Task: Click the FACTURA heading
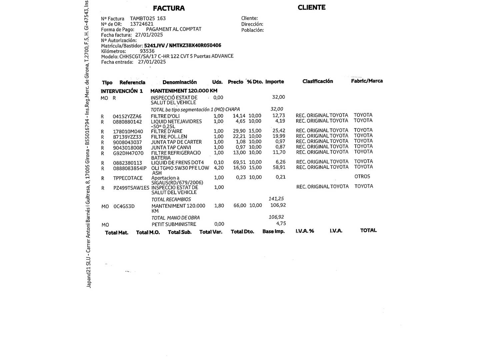[169, 8]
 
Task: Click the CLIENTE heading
[311, 7]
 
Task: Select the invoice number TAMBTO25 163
[148, 19]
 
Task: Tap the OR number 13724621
[142, 24]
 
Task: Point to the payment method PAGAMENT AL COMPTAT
[174, 29]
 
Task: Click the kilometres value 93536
[147, 51]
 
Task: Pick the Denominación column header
[180, 82]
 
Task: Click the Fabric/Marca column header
[367, 81]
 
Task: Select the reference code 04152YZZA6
[127, 117]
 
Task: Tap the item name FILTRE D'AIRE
[167, 131]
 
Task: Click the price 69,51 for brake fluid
[239, 162]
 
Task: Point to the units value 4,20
[219, 168]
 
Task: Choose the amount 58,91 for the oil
[279, 167]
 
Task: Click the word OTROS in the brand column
[362, 177]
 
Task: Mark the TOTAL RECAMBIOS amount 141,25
[276, 199]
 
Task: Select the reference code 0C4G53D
[124, 206]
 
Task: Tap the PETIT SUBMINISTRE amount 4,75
[281, 224]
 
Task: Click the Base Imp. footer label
[273, 231]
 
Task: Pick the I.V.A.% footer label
[305, 231]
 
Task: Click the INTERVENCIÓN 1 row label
[122, 91]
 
